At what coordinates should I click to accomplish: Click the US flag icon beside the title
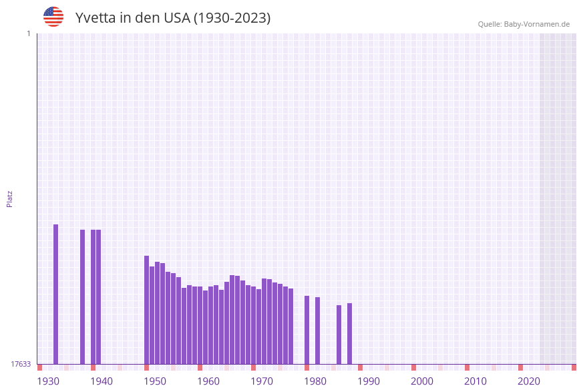point(53,17)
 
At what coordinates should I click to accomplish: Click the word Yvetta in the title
point(95,18)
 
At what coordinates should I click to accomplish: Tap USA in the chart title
point(177,18)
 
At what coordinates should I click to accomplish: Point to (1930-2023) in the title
point(232,18)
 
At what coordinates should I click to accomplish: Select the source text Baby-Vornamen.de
point(537,24)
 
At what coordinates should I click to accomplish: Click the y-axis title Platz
point(10,198)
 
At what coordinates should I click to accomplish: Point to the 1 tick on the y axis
point(28,33)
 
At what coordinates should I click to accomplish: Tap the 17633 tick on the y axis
point(21,364)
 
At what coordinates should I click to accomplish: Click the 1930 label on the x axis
point(48,381)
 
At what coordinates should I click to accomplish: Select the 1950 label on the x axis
point(155,381)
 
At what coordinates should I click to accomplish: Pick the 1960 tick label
point(208,381)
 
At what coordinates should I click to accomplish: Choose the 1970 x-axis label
point(262,381)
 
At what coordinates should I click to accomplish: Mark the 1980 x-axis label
point(315,381)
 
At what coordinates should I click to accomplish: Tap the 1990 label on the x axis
point(369,381)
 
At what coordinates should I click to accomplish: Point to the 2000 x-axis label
point(422,381)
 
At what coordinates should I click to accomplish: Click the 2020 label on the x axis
point(529,381)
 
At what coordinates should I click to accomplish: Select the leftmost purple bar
point(56,294)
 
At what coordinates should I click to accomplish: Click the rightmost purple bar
point(349,333)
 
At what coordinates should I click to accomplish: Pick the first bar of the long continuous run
point(147,310)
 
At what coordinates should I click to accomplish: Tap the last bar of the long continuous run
point(291,326)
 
